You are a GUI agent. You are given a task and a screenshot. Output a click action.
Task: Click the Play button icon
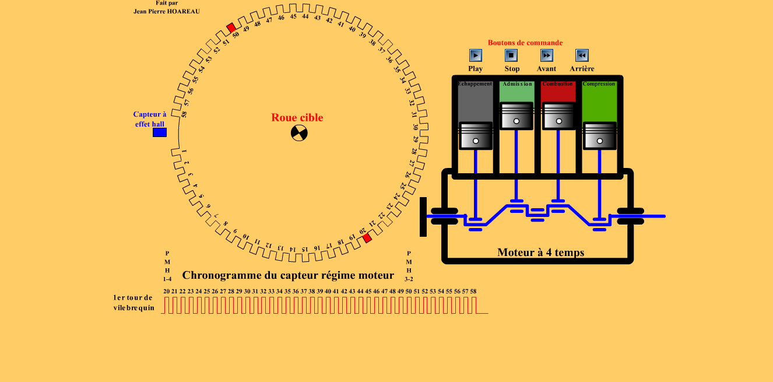(476, 55)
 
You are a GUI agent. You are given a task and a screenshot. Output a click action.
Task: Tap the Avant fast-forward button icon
(547, 55)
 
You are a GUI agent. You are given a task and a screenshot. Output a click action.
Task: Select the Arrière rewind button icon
(582, 55)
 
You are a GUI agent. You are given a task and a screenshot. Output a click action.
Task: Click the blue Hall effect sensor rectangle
(160, 132)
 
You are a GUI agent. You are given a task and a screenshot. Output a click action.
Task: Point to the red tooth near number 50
(231, 27)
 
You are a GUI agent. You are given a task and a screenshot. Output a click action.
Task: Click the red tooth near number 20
(367, 238)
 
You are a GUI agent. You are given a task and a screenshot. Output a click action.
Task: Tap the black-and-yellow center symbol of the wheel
(299, 133)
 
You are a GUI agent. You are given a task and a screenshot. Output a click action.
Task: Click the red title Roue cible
(297, 118)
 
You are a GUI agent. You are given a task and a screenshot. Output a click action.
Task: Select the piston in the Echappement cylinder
(476, 135)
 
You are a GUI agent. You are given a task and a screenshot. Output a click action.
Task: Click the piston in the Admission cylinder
(516, 115)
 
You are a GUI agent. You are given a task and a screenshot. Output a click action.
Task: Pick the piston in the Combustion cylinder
(558, 115)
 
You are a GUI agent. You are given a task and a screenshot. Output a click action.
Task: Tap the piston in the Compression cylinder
(599, 135)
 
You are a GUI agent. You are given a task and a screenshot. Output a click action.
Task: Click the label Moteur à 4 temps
(540, 253)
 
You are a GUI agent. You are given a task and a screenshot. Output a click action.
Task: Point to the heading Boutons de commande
(525, 43)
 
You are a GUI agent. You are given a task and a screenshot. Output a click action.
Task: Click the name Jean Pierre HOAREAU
(167, 11)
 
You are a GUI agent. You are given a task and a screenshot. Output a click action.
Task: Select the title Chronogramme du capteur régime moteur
(288, 275)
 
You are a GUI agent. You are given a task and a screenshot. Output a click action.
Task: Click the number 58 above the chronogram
(473, 291)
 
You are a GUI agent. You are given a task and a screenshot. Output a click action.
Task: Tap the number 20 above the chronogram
(166, 291)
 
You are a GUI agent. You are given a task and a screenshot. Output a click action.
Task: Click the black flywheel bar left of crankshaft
(423, 217)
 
